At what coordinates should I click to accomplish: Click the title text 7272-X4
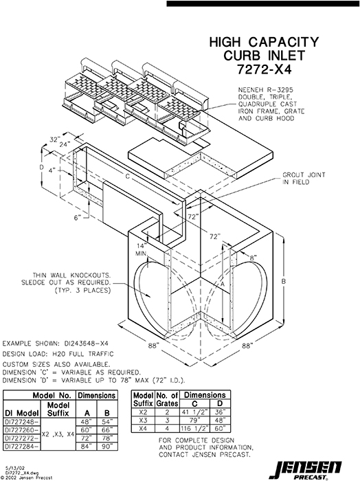[264, 69]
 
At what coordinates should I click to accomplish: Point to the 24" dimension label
[64, 146]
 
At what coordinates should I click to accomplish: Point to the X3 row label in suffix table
[142, 418]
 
